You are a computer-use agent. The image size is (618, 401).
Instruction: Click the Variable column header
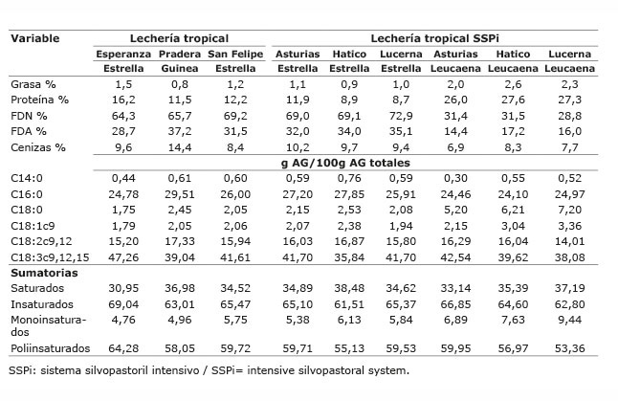34,38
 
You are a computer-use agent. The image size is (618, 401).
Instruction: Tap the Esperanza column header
124,55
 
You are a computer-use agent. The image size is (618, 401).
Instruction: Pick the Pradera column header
179,55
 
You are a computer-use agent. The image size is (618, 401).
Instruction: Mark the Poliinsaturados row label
51,336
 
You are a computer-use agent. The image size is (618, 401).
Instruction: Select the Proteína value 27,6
514,99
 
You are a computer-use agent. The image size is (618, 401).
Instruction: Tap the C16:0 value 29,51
179,195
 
